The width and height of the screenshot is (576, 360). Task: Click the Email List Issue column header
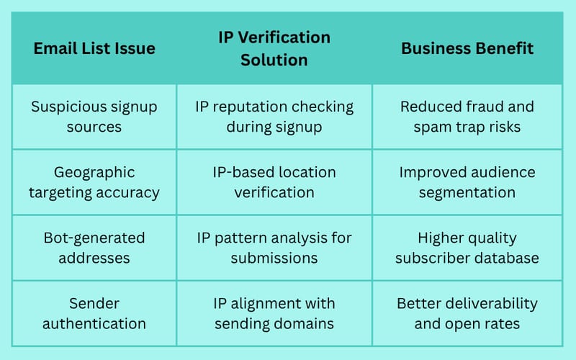(x=94, y=48)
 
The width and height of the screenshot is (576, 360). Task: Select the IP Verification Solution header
(x=274, y=48)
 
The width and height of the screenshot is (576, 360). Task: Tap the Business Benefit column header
(x=467, y=48)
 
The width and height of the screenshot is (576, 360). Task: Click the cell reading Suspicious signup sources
(x=94, y=117)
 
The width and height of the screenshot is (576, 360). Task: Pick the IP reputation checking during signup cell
(x=274, y=117)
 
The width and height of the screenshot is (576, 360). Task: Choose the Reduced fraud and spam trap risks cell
(x=467, y=117)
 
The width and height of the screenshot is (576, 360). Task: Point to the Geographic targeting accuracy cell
(x=94, y=182)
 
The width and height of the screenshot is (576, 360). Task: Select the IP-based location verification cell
(x=274, y=182)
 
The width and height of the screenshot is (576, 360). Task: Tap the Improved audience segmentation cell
(x=467, y=182)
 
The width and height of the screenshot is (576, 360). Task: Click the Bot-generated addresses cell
(x=94, y=248)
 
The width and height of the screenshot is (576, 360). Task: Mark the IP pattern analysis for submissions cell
(x=274, y=248)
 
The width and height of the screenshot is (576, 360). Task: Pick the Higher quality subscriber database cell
(x=467, y=248)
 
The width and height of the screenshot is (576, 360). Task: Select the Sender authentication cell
(x=94, y=313)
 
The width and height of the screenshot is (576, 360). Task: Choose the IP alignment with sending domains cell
(x=274, y=313)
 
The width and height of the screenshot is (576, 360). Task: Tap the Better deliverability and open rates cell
(x=467, y=313)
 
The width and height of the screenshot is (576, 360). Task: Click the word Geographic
(x=94, y=173)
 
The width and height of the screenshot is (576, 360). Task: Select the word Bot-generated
(x=94, y=238)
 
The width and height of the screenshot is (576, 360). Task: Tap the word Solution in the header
(x=274, y=60)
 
